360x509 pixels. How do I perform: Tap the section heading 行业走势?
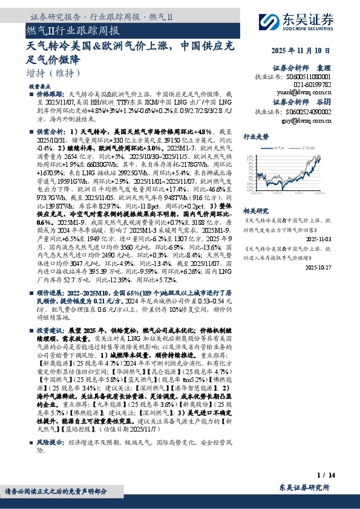[x=256, y=137]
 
